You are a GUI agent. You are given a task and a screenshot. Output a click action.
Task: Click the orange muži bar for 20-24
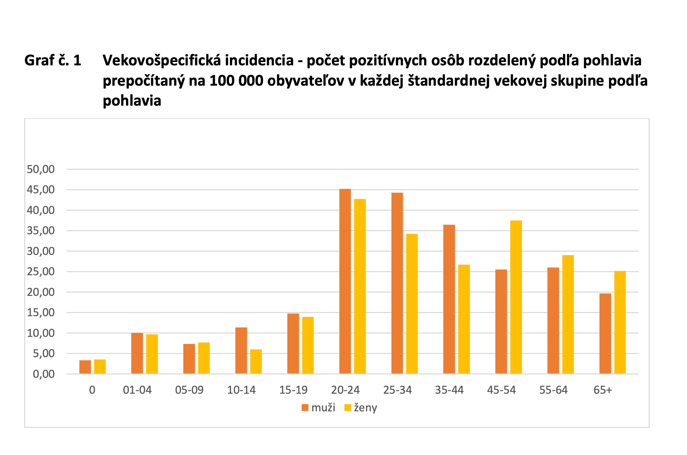345,281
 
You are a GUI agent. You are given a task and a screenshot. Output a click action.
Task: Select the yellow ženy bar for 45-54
516,297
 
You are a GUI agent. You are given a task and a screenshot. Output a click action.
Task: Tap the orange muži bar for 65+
605,333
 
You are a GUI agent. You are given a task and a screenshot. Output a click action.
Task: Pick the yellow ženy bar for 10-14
256,361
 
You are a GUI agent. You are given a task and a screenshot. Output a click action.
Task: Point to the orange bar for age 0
85,367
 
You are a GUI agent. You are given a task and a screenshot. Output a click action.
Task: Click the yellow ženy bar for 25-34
412,304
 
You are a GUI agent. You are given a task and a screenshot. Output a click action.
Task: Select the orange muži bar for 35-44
449,299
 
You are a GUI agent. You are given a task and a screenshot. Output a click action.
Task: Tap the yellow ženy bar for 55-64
568,314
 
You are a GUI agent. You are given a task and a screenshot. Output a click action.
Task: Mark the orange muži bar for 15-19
293,344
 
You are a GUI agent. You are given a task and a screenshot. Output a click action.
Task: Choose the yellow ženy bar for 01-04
152,354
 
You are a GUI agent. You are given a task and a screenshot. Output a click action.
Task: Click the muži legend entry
318,408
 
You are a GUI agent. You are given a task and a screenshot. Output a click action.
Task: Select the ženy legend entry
361,408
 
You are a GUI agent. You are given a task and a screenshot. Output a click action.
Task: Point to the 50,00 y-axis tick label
41,169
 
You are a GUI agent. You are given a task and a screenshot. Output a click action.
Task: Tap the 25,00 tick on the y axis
41,272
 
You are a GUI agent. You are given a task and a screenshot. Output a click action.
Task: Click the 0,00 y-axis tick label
44,374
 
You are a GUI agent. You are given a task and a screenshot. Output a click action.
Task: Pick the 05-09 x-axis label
189,390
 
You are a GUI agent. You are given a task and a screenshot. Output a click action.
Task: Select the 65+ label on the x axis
603,390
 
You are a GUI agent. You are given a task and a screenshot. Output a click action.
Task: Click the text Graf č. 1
53,60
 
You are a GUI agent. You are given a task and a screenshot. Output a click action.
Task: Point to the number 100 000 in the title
236,81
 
